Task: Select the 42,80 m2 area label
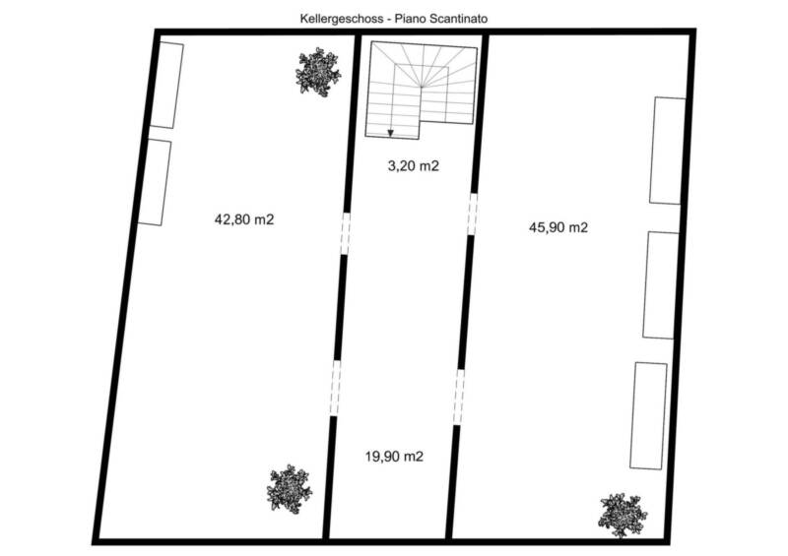[244, 219]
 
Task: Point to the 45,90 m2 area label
[558, 227]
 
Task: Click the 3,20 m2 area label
[413, 165]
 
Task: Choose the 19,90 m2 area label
[394, 457]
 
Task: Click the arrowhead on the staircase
[390, 133]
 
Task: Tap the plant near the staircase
[318, 72]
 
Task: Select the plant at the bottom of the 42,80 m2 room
[289, 489]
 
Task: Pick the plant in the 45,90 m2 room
[623, 516]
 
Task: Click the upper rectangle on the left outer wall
[166, 86]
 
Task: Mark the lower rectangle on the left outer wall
[155, 183]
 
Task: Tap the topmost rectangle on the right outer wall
[668, 151]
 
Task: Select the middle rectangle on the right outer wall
[661, 284]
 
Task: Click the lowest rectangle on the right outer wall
[649, 416]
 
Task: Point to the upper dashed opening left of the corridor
[346, 233]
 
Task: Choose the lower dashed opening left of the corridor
[335, 388]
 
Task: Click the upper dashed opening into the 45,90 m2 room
[472, 214]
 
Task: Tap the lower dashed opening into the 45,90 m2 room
[459, 398]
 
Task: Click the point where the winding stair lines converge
[421, 88]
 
